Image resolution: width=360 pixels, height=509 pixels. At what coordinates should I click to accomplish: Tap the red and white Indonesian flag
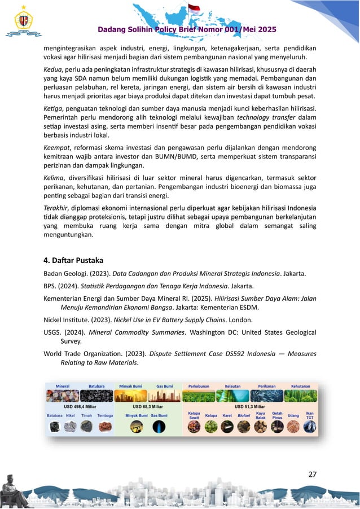194,9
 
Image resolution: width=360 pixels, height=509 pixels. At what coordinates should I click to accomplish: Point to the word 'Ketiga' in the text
54,108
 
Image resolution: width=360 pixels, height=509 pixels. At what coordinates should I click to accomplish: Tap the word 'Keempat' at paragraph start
57,147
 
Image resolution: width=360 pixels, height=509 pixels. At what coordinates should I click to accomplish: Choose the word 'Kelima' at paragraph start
55,176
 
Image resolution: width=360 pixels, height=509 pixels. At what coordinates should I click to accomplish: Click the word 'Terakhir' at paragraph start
57,206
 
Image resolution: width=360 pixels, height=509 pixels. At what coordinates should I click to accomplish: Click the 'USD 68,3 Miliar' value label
148,406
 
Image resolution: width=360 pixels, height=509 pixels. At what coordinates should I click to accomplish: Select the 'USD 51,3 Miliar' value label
250,406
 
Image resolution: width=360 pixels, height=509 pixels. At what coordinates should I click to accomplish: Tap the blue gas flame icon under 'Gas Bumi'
159,427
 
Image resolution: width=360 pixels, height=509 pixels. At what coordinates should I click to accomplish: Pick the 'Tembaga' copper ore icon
105,427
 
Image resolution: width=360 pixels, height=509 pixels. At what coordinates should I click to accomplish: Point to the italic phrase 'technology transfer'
265,117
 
